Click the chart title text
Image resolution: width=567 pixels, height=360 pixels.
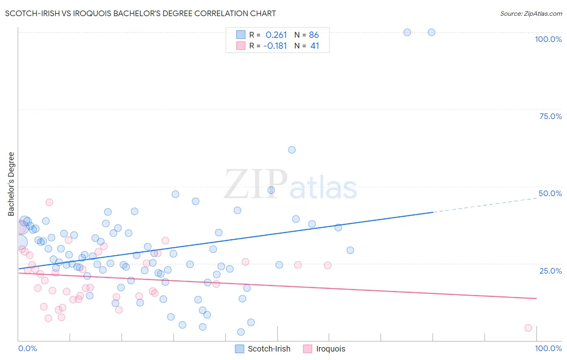pyautogui.click(x=140, y=13)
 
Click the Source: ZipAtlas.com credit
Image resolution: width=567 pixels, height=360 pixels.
pyautogui.click(x=531, y=14)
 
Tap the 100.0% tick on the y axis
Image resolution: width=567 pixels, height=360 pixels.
pyautogui.click(x=548, y=39)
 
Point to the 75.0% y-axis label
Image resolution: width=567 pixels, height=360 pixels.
pyautogui.click(x=550, y=116)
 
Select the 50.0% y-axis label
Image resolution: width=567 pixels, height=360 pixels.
pyautogui.click(x=550, y=193)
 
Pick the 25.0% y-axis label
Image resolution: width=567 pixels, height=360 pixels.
pyautogui.click(x=550, y=270)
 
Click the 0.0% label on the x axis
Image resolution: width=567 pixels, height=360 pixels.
pyautogui.click(x=27, y=348)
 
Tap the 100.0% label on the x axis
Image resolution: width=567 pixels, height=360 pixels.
pyautogui.click(x=548, y=348)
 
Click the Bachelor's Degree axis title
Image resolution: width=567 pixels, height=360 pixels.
pyautogui.click(x=11, y=184)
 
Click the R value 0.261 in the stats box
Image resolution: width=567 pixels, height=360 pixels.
pyautogui.click(x=276, y=35)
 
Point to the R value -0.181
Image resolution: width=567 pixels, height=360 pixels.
pyautogui.click(x=275, y=46)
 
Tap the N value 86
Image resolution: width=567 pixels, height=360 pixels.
pyautogui.click(x=314, y=35)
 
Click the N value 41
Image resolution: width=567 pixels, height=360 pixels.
pyautogui.click(x=315, y=46)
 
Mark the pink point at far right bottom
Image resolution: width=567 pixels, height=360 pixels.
pyautogui.click(x=528, y=328)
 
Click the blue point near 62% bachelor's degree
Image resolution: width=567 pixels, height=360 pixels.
pyautogui.click(x=292, y=150)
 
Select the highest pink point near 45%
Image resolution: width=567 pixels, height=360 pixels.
pyautogui.click(x=49, y=202)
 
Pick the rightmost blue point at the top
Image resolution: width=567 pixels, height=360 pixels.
pyautogui.click(x=432, y=32)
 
